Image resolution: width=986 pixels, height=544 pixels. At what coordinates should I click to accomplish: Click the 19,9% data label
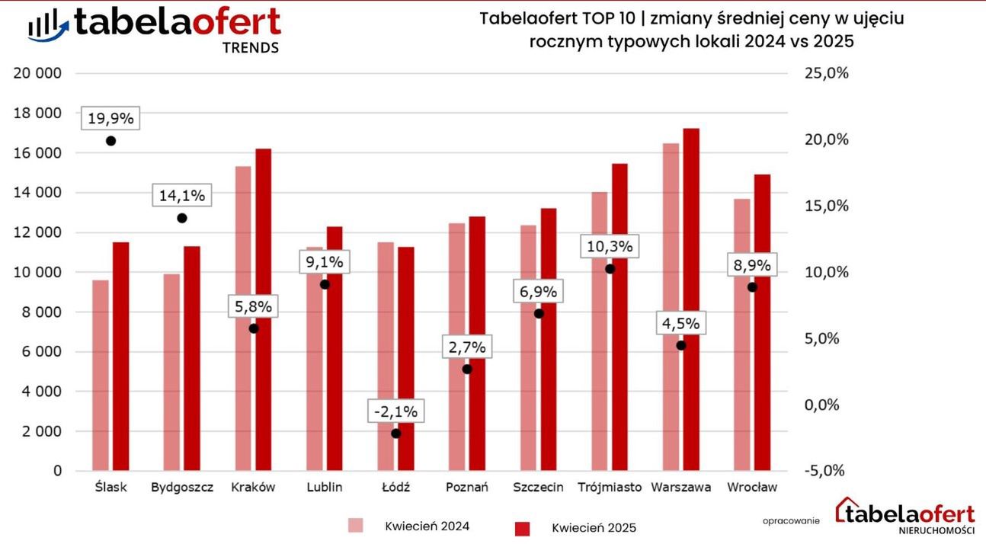pyautogui.click(x=110, y=118)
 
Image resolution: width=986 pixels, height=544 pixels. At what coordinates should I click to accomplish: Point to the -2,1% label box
pyautogui.click(x=395, y=411)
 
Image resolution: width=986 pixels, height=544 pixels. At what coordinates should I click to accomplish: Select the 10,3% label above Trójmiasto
pyautogui.click(x=610, y=247)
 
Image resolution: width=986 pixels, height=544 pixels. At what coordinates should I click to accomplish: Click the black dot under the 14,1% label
pyautogui.click(x=182, y=218)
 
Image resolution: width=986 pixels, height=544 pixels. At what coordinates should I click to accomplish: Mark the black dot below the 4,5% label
pyautogui.click(x=681, y=345)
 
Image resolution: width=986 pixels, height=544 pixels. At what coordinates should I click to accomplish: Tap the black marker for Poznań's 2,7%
pyautogui.click(x=467, y=369)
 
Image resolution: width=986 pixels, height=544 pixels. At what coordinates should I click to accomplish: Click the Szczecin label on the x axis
pyautogui.click(x=539, y=487)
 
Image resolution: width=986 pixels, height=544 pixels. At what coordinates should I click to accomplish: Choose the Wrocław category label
pyautogui.click(x=752, y=487)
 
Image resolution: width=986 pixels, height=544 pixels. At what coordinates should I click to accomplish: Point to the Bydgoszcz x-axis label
pyautogui.click(x=182, y=487)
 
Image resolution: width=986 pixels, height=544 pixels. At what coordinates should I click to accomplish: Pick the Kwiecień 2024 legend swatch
pyautogui.click(x=356, y=526)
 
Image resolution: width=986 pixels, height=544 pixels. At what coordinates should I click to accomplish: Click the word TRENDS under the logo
pyautogui.click(x=250, y=47)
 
